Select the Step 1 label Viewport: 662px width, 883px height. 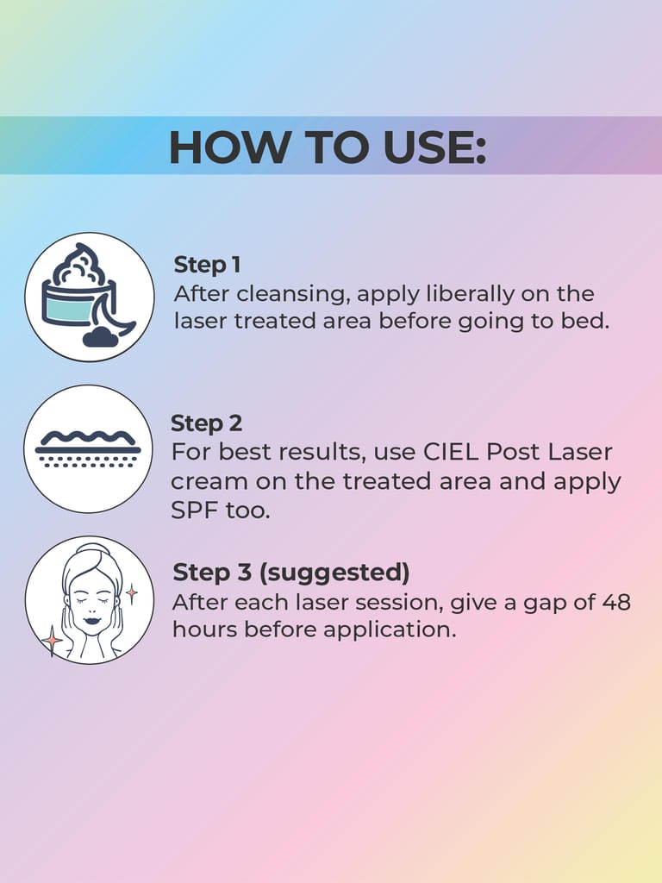(x=207, y=265)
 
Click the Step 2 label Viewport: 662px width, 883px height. (x=207, y=423)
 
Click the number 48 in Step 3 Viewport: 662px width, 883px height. (x=615, y=602)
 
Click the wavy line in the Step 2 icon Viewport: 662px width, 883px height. (x=88, y=435)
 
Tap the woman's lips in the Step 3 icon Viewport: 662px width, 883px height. (x=91, y=619)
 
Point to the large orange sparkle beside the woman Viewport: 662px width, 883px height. (x=52, y=640)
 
